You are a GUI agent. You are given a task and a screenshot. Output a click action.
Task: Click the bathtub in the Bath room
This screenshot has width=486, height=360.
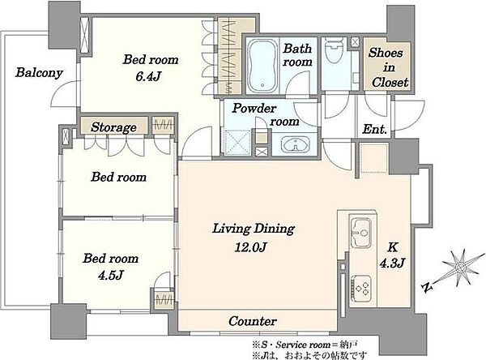[262, 66]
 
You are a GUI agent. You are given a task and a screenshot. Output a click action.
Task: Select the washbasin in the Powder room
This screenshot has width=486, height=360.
[295, 144]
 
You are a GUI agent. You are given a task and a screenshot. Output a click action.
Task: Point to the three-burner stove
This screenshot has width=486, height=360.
[361, 289]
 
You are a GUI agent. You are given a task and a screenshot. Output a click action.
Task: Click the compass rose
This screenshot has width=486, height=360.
[461, 268]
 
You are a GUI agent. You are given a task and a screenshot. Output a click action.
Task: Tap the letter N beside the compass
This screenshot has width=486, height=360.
[428, 288]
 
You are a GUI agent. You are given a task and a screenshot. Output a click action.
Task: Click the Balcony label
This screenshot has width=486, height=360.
[39, 73]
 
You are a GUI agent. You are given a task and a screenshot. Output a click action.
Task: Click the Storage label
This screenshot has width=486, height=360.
[113, 127]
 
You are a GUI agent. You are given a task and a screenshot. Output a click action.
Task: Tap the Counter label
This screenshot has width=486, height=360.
[253, 321]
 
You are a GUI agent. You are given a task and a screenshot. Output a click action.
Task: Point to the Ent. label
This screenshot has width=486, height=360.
[375, 129]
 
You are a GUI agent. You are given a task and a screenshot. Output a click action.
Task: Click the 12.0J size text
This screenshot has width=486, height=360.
[251, 247]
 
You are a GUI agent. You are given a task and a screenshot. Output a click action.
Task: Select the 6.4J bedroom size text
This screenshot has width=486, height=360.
[148, 76]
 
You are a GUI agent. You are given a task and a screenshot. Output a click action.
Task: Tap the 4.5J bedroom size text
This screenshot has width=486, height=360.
[111, 275]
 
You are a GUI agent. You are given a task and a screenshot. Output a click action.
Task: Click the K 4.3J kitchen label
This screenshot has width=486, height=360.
[392, 255]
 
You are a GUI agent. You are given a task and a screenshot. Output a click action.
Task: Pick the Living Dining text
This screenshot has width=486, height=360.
[254, 229]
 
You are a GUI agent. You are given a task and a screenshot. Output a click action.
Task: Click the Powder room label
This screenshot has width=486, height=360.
[266, 114]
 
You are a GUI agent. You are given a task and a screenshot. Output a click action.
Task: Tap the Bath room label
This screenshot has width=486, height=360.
[297, 55]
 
